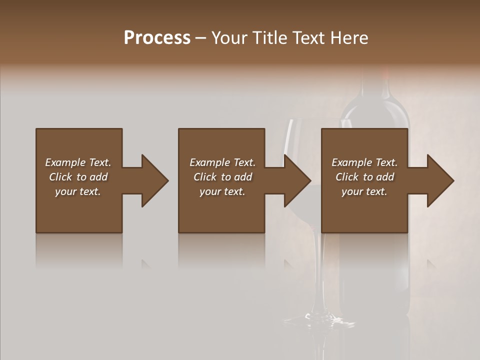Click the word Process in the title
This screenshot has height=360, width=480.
point(157,37)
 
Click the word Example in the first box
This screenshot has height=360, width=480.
point(65,162)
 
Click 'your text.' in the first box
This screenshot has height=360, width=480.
point(78,191)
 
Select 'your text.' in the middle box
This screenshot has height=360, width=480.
point(222,191)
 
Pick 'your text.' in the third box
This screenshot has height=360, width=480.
point(364,191)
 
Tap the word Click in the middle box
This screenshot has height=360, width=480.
point(205,177)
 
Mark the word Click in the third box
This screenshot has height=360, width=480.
point(347,177)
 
